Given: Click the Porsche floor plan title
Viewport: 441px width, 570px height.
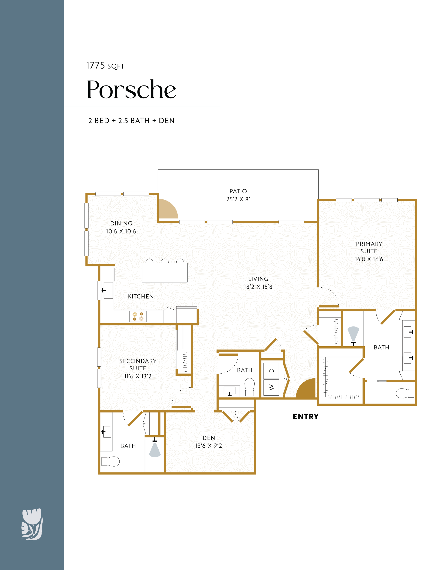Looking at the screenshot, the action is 131,89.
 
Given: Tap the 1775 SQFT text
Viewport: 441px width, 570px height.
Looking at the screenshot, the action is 105,66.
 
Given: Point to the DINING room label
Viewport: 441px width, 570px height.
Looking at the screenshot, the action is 121,223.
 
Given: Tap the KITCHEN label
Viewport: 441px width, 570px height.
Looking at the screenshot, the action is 141,297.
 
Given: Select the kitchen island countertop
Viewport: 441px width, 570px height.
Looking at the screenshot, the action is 165,272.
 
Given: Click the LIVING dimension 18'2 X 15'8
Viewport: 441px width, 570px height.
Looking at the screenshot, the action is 258,287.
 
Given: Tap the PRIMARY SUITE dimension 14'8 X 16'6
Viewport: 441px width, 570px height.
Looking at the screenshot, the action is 369,259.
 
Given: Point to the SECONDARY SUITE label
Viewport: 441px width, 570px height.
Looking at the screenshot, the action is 138,365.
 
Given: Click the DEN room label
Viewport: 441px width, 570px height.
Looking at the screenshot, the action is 209,438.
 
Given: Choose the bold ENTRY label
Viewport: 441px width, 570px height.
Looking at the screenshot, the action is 306,417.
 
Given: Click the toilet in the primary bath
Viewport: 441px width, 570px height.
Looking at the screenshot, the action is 405,393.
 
